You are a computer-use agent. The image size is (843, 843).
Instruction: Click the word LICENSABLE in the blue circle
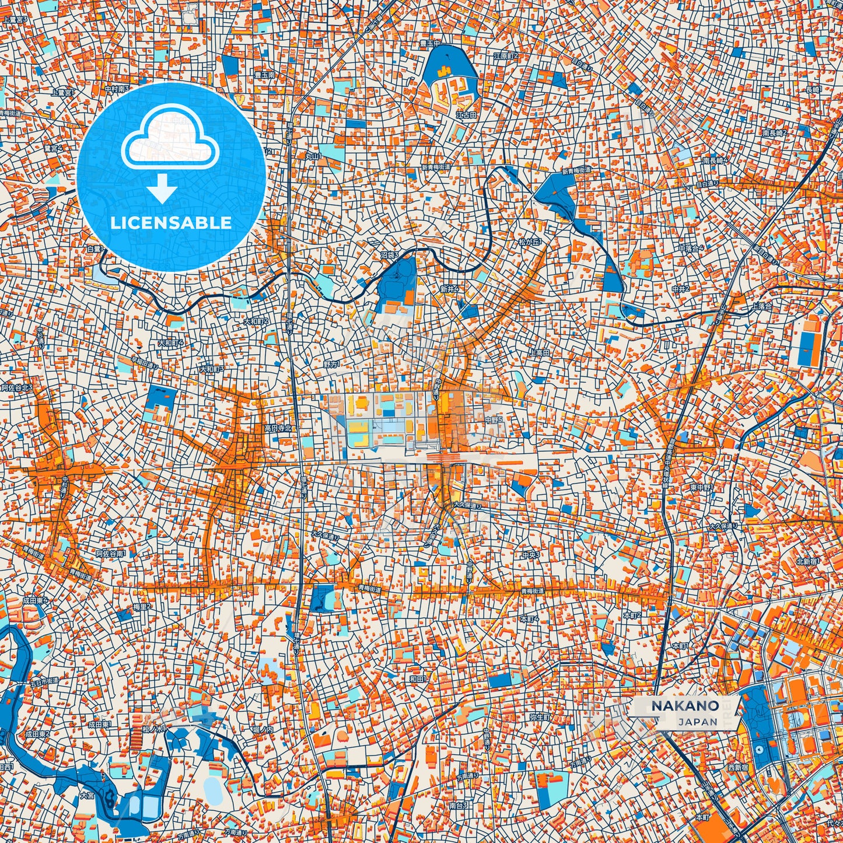click(172, 223)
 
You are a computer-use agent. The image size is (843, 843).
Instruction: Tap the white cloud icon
click(170, 142)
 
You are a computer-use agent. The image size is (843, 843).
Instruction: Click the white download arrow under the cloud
click(163, 190)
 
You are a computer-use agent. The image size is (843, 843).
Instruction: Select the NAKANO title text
click(685, 705)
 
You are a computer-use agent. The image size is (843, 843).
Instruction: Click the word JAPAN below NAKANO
click(698, 722)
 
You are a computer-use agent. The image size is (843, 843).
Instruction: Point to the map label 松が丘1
click(530, 241)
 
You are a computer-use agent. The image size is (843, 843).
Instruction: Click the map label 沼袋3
click(390, 255)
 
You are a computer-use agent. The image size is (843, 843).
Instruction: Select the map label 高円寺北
click(277, 428)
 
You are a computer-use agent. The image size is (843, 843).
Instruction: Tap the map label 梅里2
click(142, 607)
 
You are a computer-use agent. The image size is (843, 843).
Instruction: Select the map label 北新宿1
click(808, 561)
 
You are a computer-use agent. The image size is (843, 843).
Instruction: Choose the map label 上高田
click(538, 353)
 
